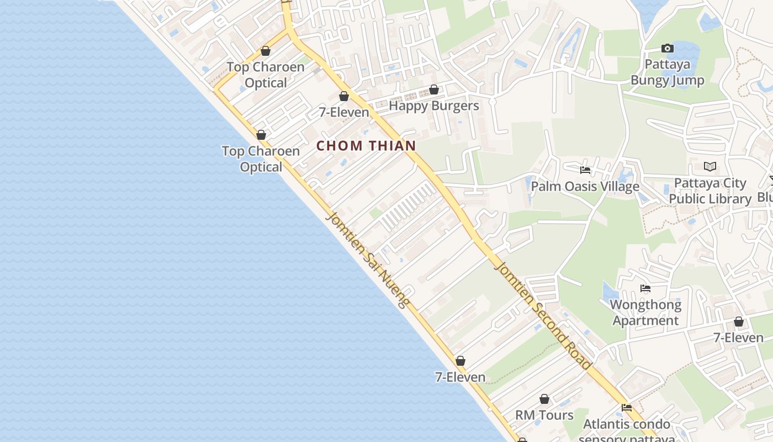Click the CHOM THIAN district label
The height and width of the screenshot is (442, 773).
(x=366, y=146)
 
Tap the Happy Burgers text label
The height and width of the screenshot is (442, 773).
(x=434, y=105)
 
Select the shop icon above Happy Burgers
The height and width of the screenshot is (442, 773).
(x=434, y=90)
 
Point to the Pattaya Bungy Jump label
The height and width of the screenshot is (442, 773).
(x=668, y=72)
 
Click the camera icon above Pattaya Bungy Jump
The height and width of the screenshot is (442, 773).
(x=668, y=49)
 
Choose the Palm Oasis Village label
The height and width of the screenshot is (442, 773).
(x=585, y=187)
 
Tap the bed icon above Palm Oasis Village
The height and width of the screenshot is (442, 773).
(x=585, y=170)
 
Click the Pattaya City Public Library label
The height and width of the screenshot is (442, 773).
(x=710, y=191)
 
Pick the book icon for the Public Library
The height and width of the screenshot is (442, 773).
(x=710, y=166)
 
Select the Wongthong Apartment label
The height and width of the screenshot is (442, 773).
(x=645, y=313)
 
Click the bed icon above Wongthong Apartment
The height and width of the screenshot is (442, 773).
(x=645, y=288)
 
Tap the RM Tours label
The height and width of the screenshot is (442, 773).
(x=544, y=415)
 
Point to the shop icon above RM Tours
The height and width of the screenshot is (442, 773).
(x=544, y=399)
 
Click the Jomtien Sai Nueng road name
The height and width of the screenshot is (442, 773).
(x=368, y=260)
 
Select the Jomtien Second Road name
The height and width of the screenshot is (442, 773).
(x=544, y=315)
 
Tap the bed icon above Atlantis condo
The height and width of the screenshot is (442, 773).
(x=627, y=408)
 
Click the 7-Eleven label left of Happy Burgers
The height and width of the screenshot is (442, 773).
(x=344, y=112)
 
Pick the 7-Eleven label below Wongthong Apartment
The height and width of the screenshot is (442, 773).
(x=738, y=338)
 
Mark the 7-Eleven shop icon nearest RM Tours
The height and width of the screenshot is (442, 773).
(x=460, y=361)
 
